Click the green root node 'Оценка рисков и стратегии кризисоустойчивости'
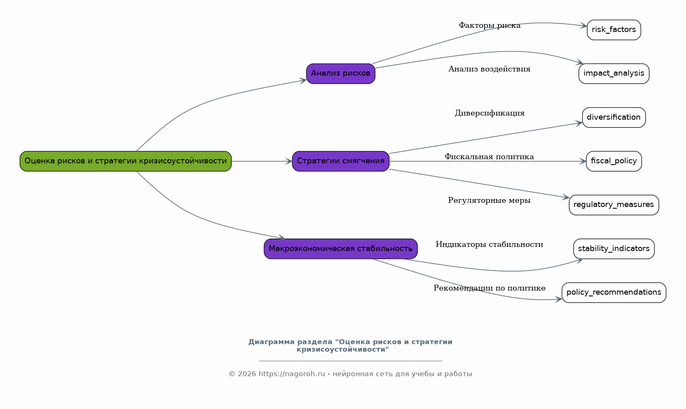(x=125, y=161)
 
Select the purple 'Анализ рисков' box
(x=341, y=74)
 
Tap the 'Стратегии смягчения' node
(x=341, y=161)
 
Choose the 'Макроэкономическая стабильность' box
(x=341, y=249)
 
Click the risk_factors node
(x=614, y=30)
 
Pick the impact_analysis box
(x=614, y=74)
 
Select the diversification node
(x=614, y=118)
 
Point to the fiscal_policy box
(x=614, y=161)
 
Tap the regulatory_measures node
(x=614, y=205)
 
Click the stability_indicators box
(x=614, y=249)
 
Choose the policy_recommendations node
(x=614, y=293)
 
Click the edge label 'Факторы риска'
(x=490, y=25)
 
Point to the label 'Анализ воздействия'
(x=490, y=69)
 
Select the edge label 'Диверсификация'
(x=490, y=113)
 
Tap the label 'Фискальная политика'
(x=490, y=157)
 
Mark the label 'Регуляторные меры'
(x=490, y=200)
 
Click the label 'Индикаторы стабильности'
(x=490, y=244)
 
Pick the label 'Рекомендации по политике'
(x=490, y=288)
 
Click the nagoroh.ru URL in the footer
(x=292, y=374)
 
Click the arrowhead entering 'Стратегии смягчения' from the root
(x=289, y=161)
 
